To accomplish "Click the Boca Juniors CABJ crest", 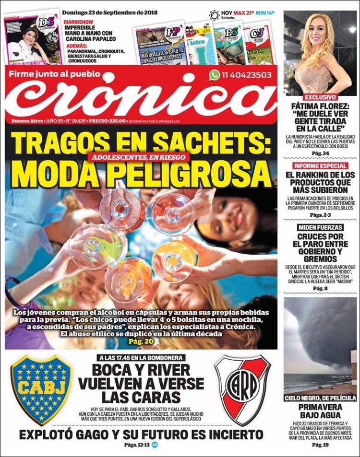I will point(42,389).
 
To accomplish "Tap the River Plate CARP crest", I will point(242,389).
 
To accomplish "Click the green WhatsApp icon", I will point(214,75).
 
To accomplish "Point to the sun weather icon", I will point(214,15).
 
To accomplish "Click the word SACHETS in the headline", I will point(211,143).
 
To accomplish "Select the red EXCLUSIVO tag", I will point(301,97).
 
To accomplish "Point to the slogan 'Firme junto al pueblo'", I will point(56,74).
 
